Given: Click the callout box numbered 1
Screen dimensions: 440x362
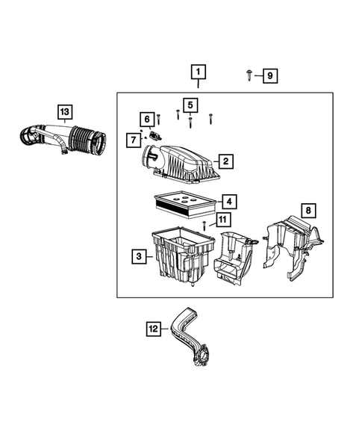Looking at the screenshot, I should point(198,72).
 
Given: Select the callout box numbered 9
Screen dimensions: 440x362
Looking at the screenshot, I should point(269,75).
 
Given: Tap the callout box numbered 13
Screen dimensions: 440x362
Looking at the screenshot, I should point(65,112).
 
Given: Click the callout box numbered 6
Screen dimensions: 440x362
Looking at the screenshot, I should point(147,120).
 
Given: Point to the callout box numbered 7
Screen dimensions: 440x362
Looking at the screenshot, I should point(132,139).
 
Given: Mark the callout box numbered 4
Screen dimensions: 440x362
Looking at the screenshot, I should point(228,202).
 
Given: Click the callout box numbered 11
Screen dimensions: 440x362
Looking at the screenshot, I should point(222,220).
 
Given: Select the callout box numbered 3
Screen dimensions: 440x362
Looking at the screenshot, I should point(140,257).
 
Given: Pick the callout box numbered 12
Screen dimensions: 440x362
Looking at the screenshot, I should point(153,326).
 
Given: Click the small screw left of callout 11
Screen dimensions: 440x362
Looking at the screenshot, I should point(205,225).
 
